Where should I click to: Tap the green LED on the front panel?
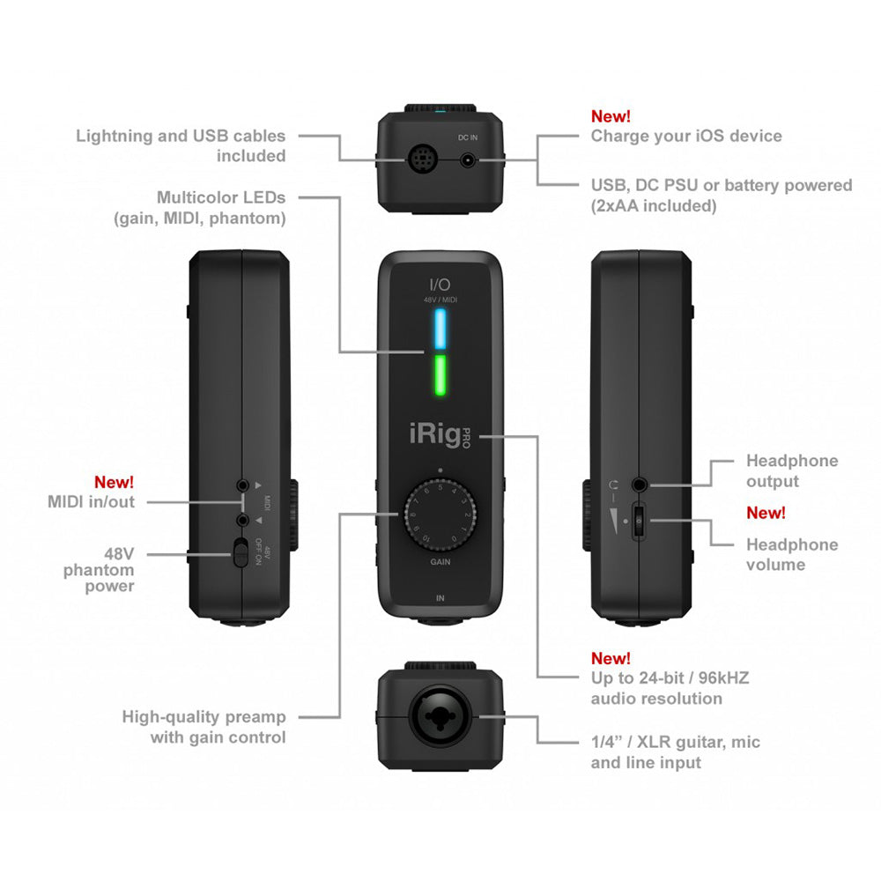coord(440,377)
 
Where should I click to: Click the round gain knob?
coord(440,513)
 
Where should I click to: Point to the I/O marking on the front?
coord(440,284)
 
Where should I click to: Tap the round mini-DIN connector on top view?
coord(419,160)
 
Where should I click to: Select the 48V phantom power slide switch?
coord(240,554)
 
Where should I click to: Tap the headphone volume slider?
coord(639,520)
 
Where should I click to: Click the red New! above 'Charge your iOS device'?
coord(611,116)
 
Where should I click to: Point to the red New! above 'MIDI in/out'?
coord(115,482)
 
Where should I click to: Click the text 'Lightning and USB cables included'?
coord(181,145)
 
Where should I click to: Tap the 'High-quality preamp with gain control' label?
coord(204,727)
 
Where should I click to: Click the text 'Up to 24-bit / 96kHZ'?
coord(670,677)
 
